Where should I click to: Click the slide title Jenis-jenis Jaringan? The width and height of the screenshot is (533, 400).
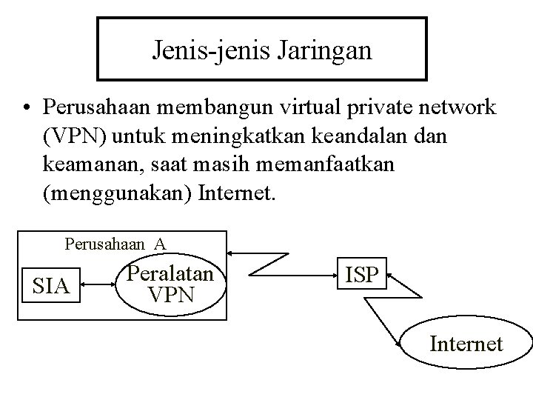pos(262,50)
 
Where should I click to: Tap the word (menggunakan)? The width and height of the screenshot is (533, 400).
pos(119,195)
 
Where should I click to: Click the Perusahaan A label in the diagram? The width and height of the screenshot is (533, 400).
pos(115,243)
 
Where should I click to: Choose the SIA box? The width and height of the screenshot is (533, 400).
pos(50,285)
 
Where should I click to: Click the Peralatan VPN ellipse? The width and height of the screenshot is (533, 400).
pos(170,285)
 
